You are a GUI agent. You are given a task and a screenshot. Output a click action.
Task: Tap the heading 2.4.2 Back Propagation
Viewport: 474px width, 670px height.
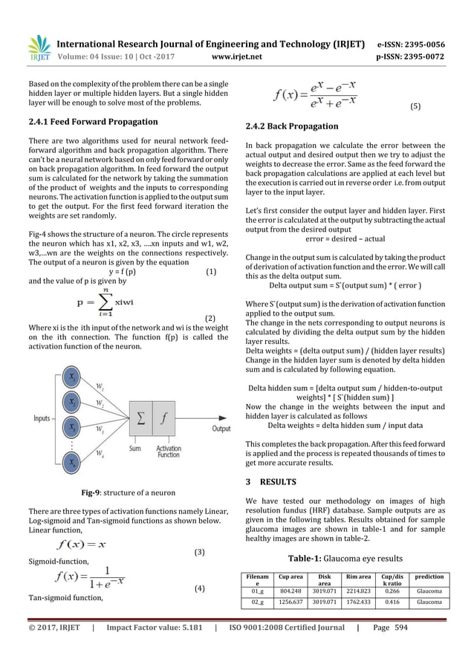pyautogui.click(x=292, y=126)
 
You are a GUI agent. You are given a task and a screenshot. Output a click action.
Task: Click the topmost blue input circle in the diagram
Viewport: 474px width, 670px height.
pyautogui.click(x=73, y=377)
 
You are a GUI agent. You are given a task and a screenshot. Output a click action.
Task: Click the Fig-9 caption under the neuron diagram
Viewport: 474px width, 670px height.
pyautogui.click(x=123, y=492)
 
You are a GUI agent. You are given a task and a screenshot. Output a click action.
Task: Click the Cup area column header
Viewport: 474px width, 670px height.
pyautogui.click(x=290, y=576)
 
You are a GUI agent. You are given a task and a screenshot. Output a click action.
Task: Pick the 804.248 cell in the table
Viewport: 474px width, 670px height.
pyautogui.click(x=290, y=591)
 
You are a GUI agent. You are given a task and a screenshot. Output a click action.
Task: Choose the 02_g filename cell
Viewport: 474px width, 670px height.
pyautogui.click(x=258, y=604)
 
